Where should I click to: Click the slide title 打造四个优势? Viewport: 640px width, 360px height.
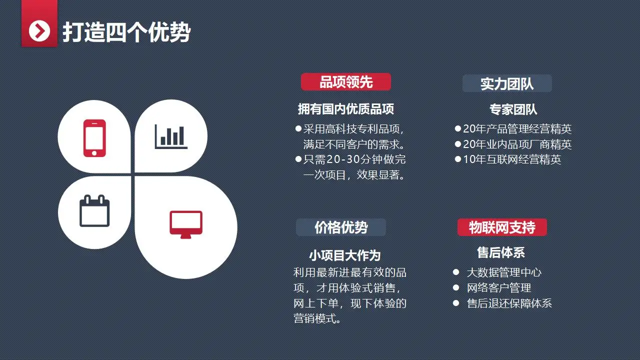pyautogui.click(x=126, y=32)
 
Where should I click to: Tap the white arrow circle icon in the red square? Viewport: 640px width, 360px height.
pyautogui.click(x=39, y=31)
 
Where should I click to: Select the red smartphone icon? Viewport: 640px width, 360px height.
pyautogui.click(x=94, y=138)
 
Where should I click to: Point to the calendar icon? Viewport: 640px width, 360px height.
pyautogui.click(x=94, y=211)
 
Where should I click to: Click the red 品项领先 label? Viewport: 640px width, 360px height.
pyautogui.click(x=346, y=82)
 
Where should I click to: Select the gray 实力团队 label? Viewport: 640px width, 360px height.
pyautogui.click(x=507, y=84)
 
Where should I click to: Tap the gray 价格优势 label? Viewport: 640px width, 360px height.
pyautogui.click(x=341, y=227)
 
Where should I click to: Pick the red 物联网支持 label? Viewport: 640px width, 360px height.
pyautogui.click(x=502, y=227)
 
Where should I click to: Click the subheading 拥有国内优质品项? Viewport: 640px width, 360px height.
pyautogui.click(x=346, y=109)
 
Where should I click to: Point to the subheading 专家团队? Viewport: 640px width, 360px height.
pyautogui.click(x=513, y=109)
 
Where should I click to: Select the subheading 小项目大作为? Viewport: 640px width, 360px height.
pyautogui.click(x=345, y=255)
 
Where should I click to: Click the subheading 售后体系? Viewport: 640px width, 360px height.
pyautogui.click(x=501, y=253)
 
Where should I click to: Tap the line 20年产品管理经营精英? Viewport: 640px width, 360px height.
pyautogui.click(x=517, y=129)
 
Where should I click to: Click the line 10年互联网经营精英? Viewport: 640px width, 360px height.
pyautogui.click(x=512, y=159)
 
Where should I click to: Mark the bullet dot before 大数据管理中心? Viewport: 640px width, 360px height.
pyautogui.click(x=455, y=272)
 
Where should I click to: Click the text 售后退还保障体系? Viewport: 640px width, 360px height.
pyautogui.click(x=509, y=303)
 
